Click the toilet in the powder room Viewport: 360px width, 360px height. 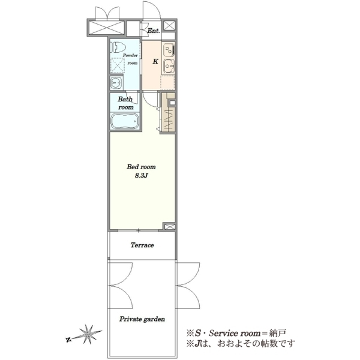coord(118,48)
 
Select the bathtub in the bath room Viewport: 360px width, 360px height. coord(125,121)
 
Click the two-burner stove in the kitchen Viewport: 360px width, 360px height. coord(169,50)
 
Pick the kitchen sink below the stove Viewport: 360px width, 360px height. coord(169,66)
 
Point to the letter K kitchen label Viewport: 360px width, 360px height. coord(155,62)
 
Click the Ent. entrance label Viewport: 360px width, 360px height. coord(154,31)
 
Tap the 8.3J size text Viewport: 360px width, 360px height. coord(141,176)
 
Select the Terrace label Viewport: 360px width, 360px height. coord(142,245)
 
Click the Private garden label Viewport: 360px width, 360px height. coord(142,319)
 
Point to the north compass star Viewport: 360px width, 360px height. coord(88,334)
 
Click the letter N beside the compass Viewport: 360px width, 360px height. coord(68,340)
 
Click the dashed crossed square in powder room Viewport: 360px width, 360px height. coord(118,65)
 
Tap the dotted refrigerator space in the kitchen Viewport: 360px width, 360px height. coord(167,82)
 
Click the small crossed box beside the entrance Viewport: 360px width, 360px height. coord(169,25)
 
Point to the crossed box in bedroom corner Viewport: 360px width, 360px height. coord(169,227)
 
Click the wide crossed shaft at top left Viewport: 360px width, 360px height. coord(107,28)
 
